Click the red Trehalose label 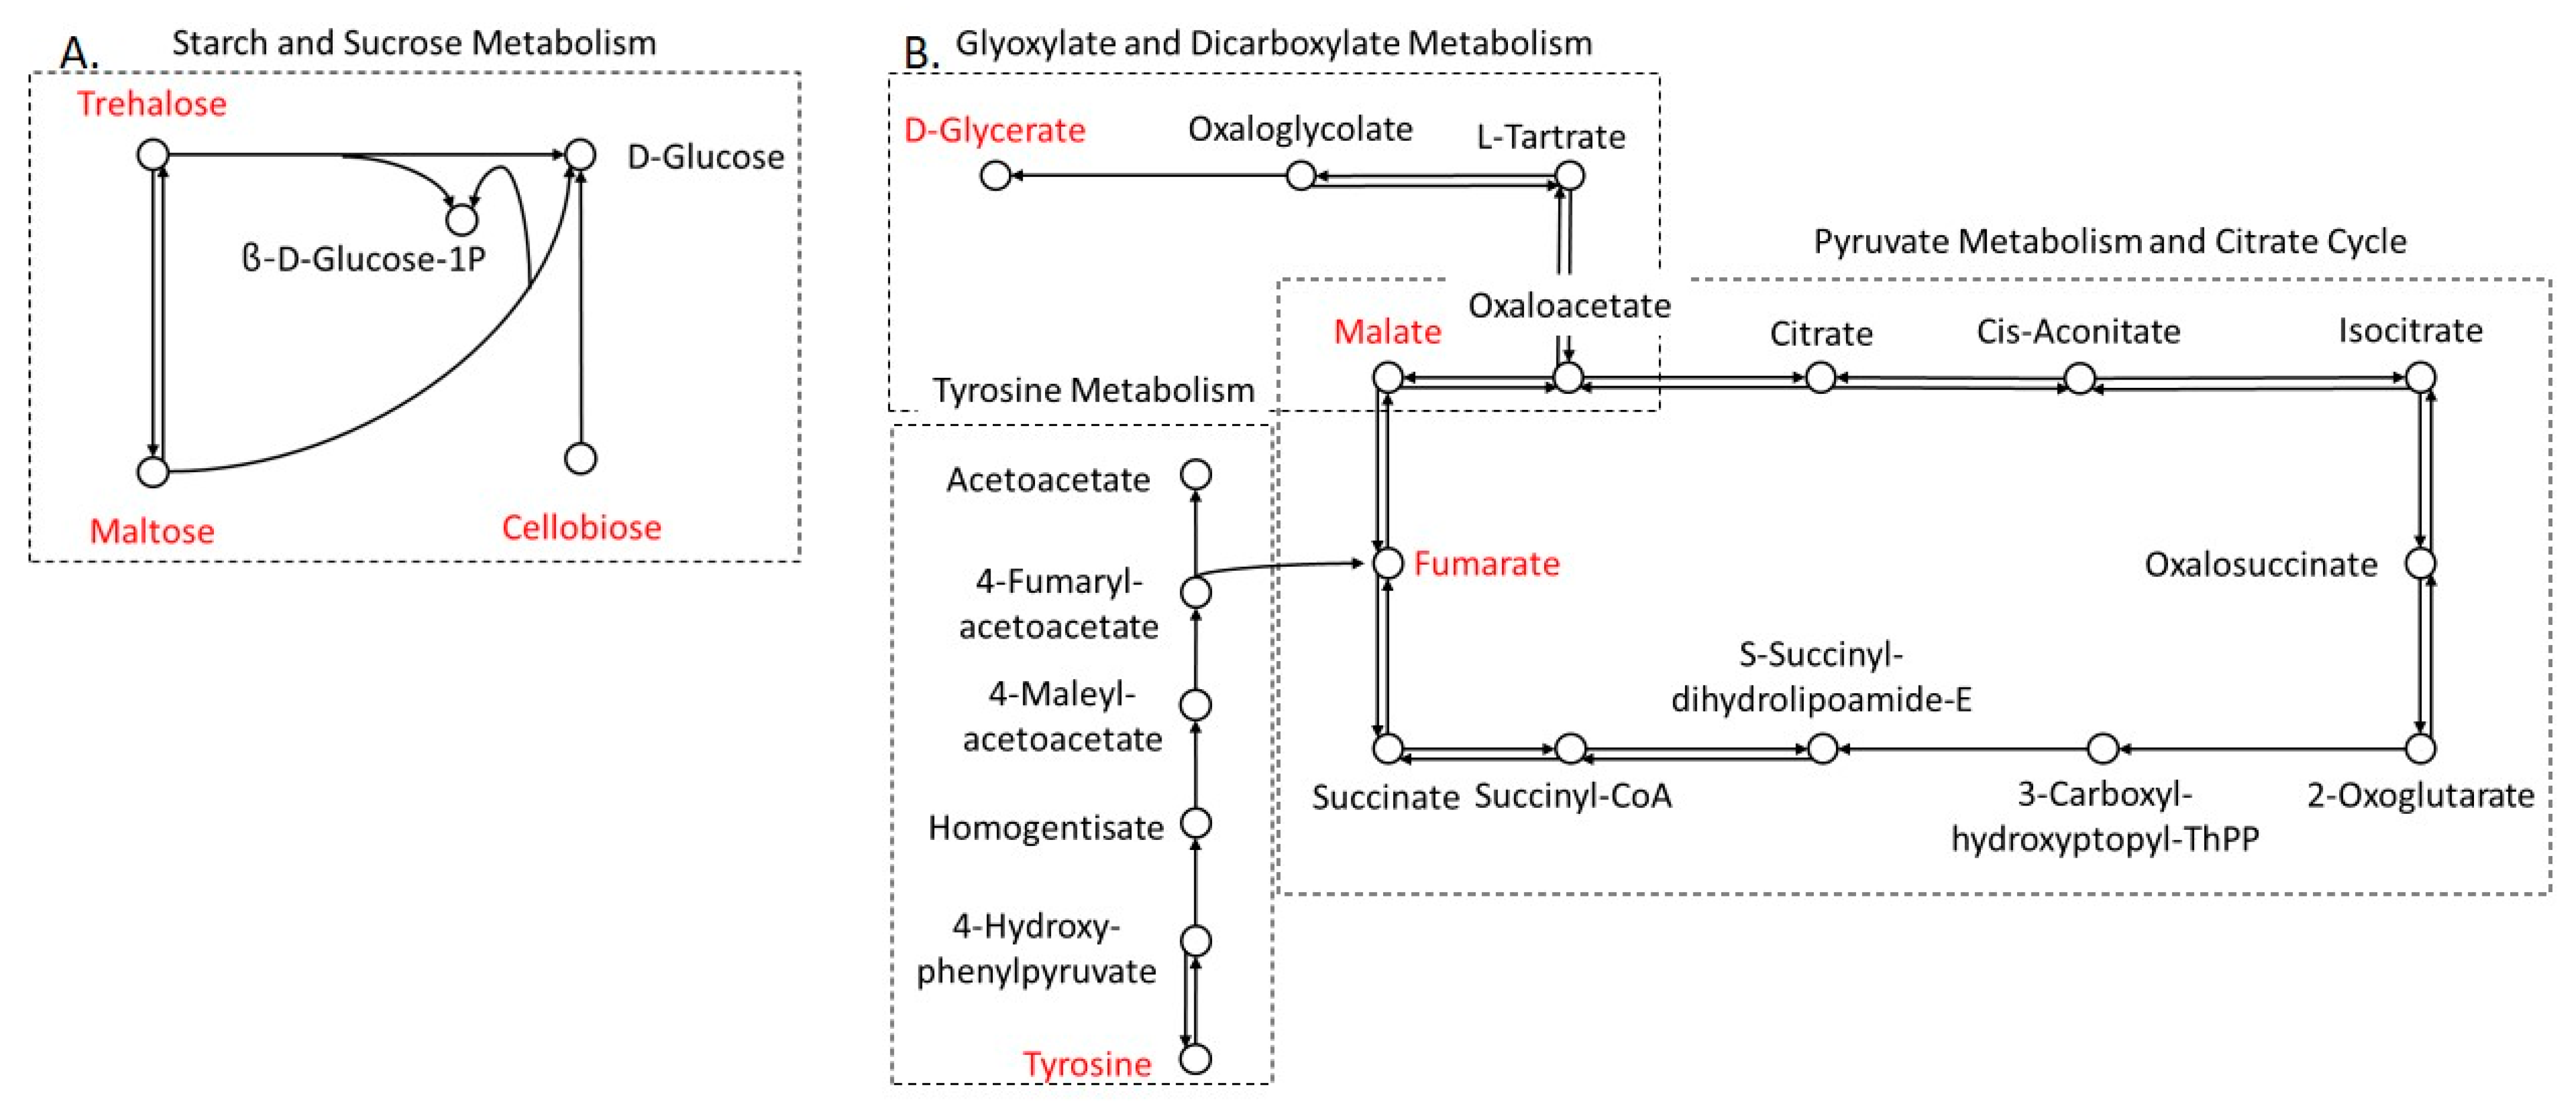[152, 104]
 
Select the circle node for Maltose [153, 471]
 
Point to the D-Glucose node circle [580, 154]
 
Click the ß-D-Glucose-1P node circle [461, 219]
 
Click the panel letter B [920, 52]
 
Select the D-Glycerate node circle [995, 176]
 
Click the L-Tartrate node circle [1570, 176]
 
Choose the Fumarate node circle [1388, 563]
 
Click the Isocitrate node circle [2419, 377]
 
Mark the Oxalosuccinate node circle [2419, 563]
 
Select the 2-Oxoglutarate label [2419, 795]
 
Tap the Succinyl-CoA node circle [1570, 748]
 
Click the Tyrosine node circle [1195, 1059]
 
